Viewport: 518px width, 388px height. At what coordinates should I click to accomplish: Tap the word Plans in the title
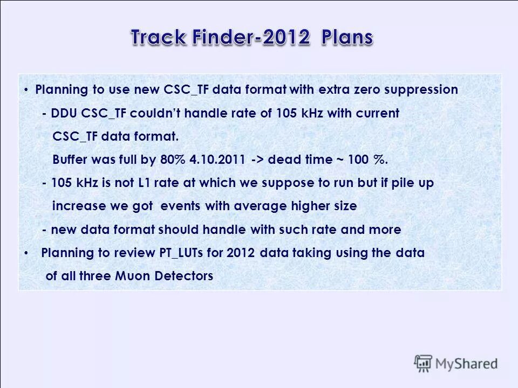347,38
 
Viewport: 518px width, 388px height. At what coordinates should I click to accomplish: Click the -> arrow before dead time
257,160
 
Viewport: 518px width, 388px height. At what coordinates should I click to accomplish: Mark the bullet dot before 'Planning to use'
26,90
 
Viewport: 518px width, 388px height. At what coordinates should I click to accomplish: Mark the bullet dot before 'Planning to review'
26,253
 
